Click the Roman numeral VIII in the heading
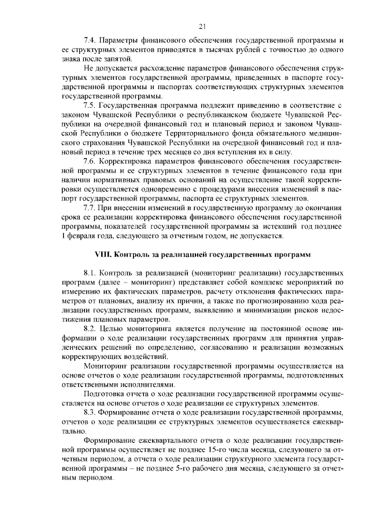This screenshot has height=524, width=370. tap(103, 254)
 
